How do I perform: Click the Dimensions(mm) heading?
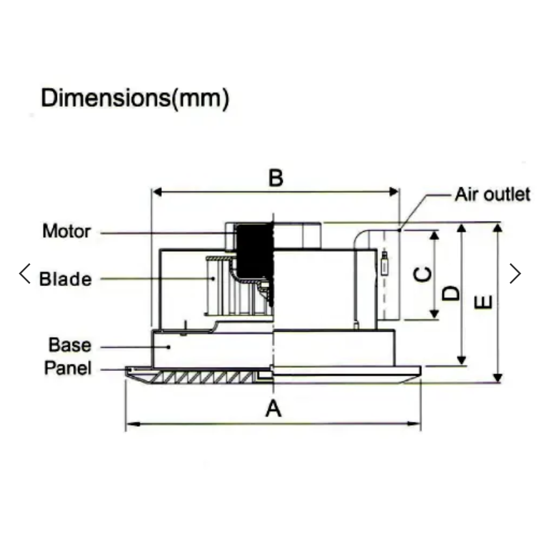click(x=135, y=98)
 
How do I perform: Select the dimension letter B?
click(x=276, y=178)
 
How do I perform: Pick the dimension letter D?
click(x=451, y=294)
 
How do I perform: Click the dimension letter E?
click(x=483, y=301)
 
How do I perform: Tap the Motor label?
click(x=66, y=231)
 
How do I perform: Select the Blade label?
click(x=65, y=279)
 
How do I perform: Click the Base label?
click(x=70, y=345)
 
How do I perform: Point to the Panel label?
click(x=68, y=368)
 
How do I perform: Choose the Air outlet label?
click(x=493, y=194)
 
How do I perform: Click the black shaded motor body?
click(x=252, y=252)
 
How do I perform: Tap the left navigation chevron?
click(x=25, y=273)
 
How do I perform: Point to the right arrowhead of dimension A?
click(x=416, y=424)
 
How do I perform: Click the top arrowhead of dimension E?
click(x=498, y=227)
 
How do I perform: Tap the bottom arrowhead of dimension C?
click(x=434, y=315)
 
